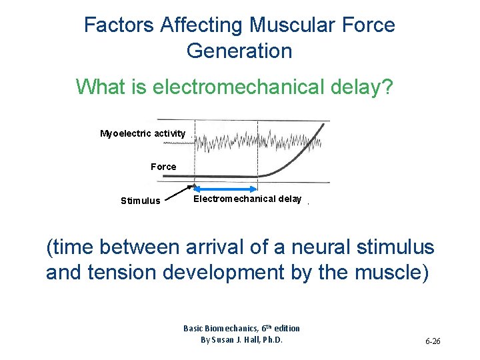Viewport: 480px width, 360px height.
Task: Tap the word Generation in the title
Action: (239, 51)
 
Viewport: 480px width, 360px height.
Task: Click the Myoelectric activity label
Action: (143, 134)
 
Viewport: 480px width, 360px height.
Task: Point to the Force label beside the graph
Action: (163, 167)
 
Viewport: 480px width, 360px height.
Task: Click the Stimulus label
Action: (140, 201)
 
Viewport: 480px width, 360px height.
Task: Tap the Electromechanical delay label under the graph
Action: (247, 199)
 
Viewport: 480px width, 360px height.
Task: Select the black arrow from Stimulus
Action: (179, 194)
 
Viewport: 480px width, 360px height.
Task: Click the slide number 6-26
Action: (433, 342)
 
